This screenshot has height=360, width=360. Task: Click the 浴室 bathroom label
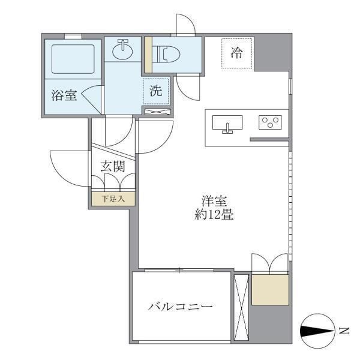tap(64, 94)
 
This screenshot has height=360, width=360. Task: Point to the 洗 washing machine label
tap(155, 92)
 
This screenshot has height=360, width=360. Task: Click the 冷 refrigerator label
tap(238, 52)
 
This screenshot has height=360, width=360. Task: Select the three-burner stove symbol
tap(271, 122)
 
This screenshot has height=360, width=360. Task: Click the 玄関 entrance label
tap(113, 166)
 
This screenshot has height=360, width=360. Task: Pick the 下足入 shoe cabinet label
tap(113, 199)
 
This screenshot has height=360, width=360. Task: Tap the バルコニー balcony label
tap(181, 307)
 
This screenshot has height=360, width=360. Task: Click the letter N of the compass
tap(344, 330)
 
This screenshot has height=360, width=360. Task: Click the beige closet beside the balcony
tap(270, 289)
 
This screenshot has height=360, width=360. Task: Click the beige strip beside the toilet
tap(148, 55)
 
